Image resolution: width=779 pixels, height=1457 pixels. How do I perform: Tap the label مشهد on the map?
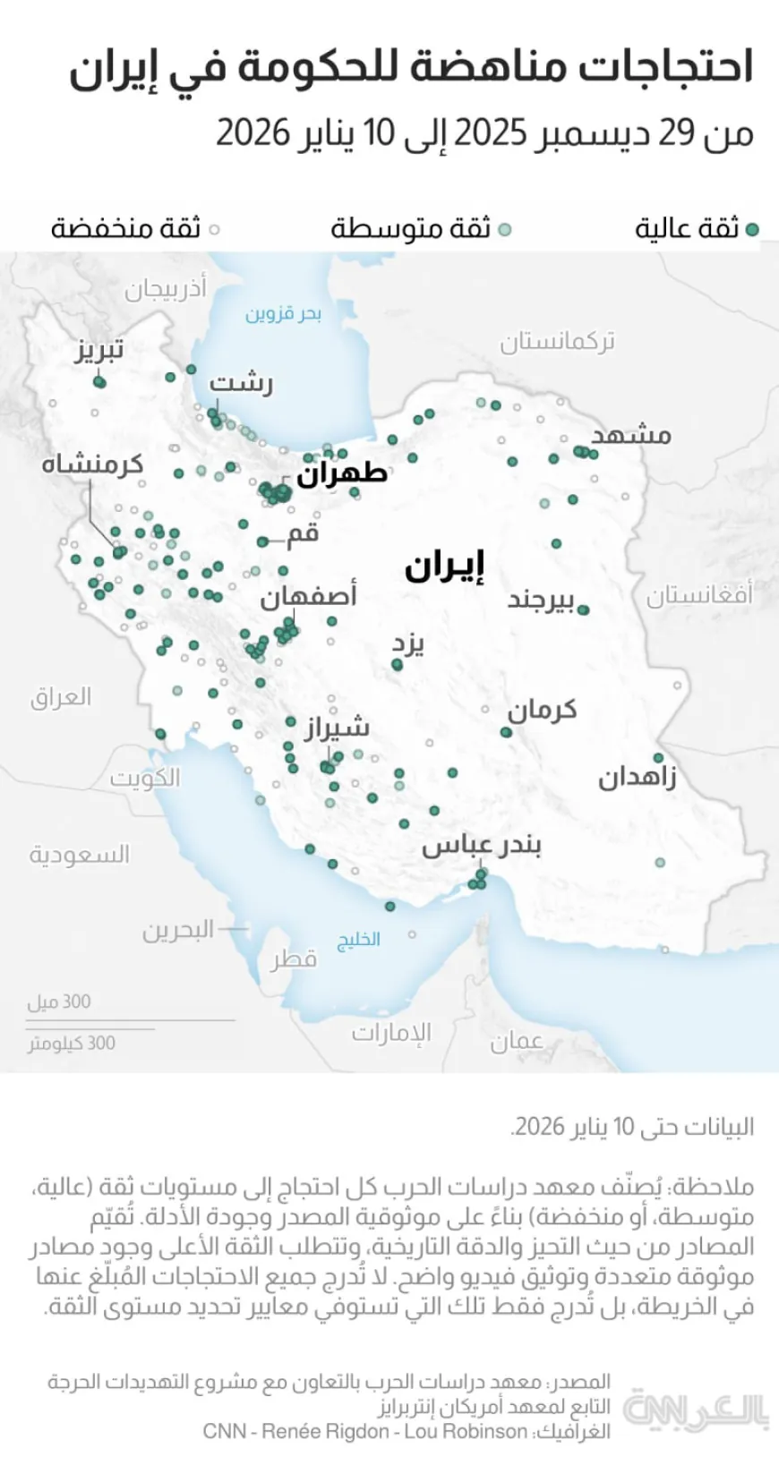tap(631, 435)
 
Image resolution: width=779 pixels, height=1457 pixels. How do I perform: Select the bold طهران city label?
tap(342, 472)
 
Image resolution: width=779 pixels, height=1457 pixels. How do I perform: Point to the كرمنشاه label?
tap(92, 464)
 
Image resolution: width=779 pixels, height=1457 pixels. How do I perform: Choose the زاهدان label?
tap(637, 776)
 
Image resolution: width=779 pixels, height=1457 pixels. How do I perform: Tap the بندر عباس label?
tap(482, 845)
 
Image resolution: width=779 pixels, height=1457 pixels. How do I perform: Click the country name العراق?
tap(61, 696)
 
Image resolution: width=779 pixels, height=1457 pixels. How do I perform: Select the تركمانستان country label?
tap(557, 341)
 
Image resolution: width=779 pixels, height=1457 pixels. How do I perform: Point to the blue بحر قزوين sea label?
tap(283, 314)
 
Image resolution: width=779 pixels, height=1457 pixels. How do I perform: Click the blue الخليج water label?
tap(358, 939)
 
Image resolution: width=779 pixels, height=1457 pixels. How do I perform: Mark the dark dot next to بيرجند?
tap(584, 609)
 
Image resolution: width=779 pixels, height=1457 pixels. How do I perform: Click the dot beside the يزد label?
tap(397, 665)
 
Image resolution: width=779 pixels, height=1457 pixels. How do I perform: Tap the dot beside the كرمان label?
tap(506, 732)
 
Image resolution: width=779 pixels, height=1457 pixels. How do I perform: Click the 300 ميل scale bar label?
tap(59, 1001)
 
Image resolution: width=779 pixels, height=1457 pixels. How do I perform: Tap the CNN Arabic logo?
tap(695, 1408)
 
